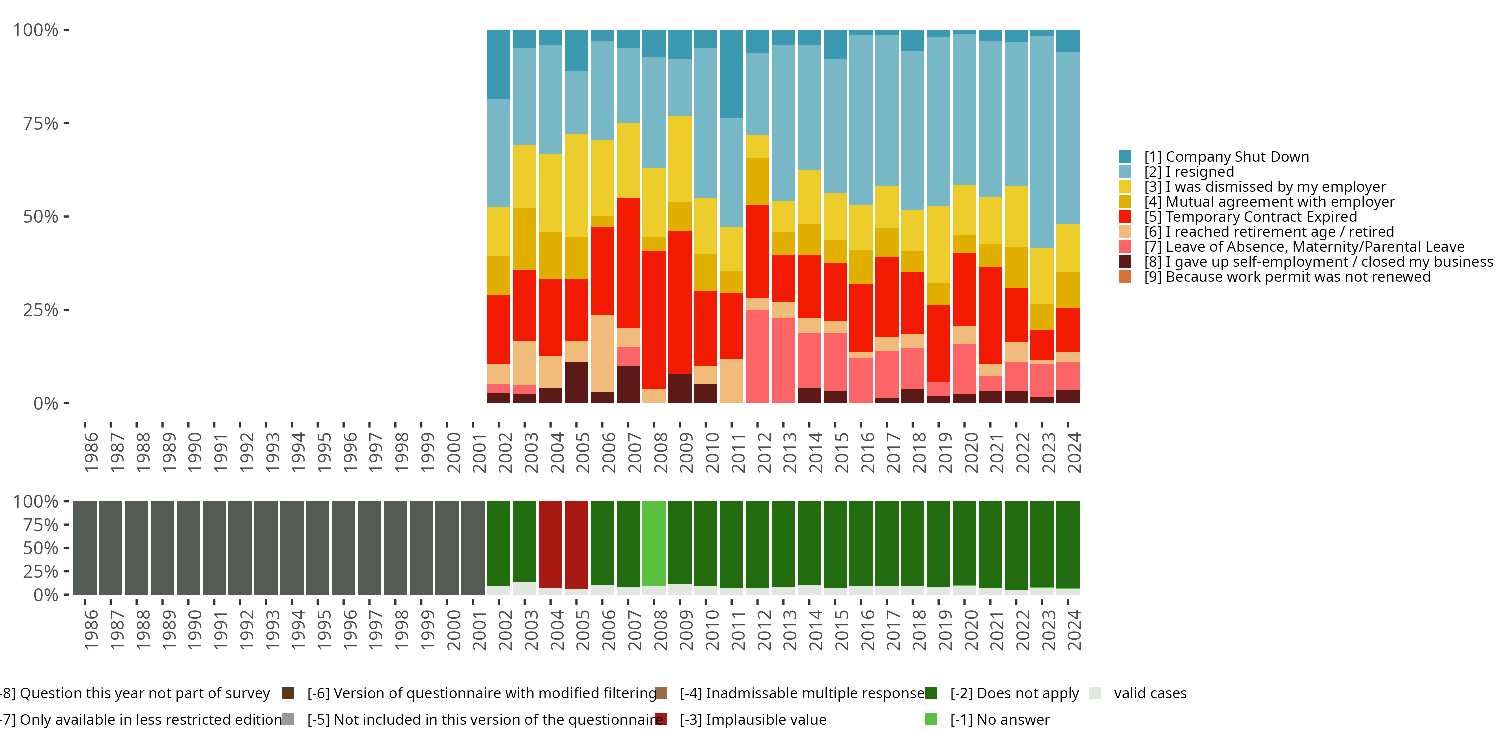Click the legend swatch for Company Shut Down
coord(1125,156)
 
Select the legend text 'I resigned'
coord(1199,172)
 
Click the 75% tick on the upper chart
coord(41,123)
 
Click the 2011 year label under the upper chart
coord(738,453)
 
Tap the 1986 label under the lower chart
coord(91,630)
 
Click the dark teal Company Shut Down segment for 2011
coord(732,74)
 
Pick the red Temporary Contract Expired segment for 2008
coord(654,320)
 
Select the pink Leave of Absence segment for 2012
coord(757,356)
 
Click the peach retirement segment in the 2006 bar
coord(602,353)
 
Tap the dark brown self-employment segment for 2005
coord(576,382)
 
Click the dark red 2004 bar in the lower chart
coord(551,544)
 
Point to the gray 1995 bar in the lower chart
coord(318,548)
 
